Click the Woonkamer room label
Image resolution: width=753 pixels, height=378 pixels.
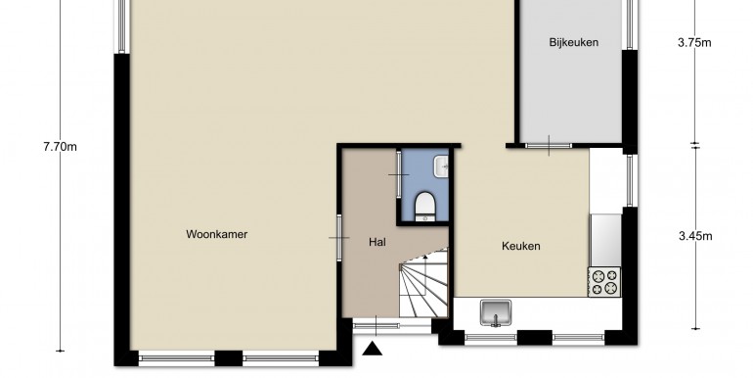[216, 235]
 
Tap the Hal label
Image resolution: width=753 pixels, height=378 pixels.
[377, 242]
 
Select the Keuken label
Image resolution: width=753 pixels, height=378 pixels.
[521, 246]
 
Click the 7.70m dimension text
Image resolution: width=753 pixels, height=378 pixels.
[60, 147]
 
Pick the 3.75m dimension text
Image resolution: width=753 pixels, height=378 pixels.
[694, 43]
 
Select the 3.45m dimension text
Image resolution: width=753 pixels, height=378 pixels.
[695, 236]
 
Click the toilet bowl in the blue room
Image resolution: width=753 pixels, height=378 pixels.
[425, 207]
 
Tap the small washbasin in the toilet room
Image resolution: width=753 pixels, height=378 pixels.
[441, 166]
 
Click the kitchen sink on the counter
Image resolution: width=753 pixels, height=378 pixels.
[496, 312]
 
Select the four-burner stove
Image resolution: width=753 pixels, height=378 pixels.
[604, 282]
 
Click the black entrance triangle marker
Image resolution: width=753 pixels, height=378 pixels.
[373, 349]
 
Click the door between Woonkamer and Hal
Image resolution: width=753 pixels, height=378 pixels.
[339, 238]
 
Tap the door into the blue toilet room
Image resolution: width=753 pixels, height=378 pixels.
[398, 174]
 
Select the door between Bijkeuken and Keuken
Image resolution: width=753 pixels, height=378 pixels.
[549, 145]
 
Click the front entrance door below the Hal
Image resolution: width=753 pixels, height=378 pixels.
[376, 325]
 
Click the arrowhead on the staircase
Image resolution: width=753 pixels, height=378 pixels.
[425, 258]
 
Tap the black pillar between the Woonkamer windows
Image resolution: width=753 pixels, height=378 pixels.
[229, 358]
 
